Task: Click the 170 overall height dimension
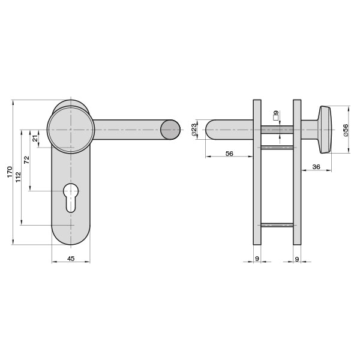point(10,172)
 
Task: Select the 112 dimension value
point(18,177)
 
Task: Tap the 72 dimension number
point(27,160)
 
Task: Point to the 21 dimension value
point(35,139)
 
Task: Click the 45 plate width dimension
point(71,259)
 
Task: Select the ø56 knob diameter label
point(346,130)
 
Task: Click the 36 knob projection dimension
point(316,167)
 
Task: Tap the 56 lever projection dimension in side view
point(229,154)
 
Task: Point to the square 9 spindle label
point(276,115)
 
